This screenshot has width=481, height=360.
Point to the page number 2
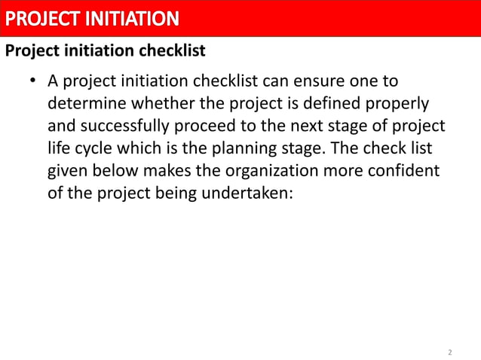450,352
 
